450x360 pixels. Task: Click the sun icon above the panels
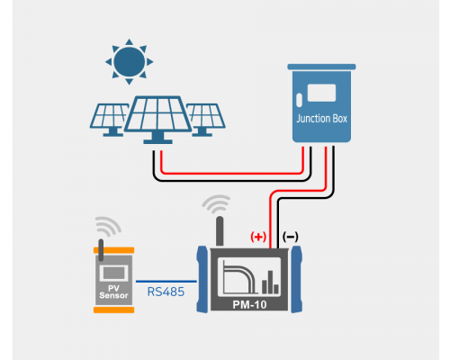tap(130, 62)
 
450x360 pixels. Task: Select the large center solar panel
tap(158, 120)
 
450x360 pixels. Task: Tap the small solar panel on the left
tap(109, 120)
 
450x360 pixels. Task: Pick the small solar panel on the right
tap(205, 120)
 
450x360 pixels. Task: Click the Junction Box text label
tap(321, 119)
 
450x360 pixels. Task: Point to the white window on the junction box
tap(321, 93)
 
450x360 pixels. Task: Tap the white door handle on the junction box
tap(299, 100)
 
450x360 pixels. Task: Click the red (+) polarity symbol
tap(258, 237)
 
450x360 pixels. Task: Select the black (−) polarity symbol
tap(290, 237)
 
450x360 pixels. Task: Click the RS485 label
tap(166, 292)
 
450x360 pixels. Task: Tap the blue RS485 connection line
tap(166, 282)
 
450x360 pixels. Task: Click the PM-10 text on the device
tap(249, 305)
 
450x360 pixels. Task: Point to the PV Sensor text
tap(113, 292)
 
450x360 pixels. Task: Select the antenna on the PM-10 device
tap(220, 231)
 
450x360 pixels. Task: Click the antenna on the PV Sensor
tap(101, 250)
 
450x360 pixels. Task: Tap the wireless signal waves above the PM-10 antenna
tap(217, 204)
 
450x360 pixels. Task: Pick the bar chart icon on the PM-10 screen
tap(270, 282)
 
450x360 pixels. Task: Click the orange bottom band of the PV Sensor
tap(113, 310)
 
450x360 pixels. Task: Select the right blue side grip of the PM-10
tap(296, 279)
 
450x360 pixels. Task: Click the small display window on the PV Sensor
tap(113, 273)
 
